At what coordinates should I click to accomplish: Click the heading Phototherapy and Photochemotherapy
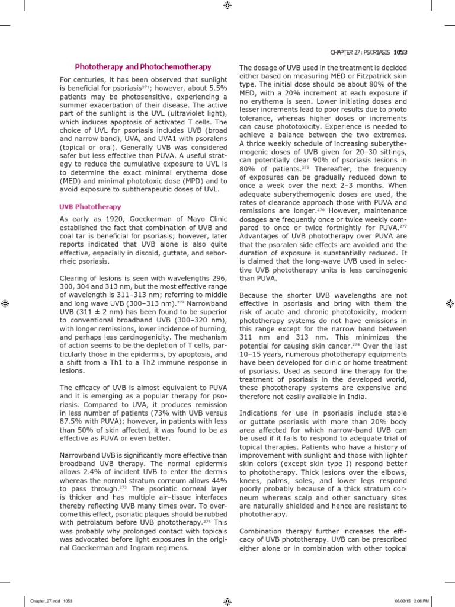point(143,67)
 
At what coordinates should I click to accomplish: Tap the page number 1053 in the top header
point(400,52)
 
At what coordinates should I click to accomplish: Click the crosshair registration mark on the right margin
point(449,303)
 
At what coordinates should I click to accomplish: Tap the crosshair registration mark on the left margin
point(6,303)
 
